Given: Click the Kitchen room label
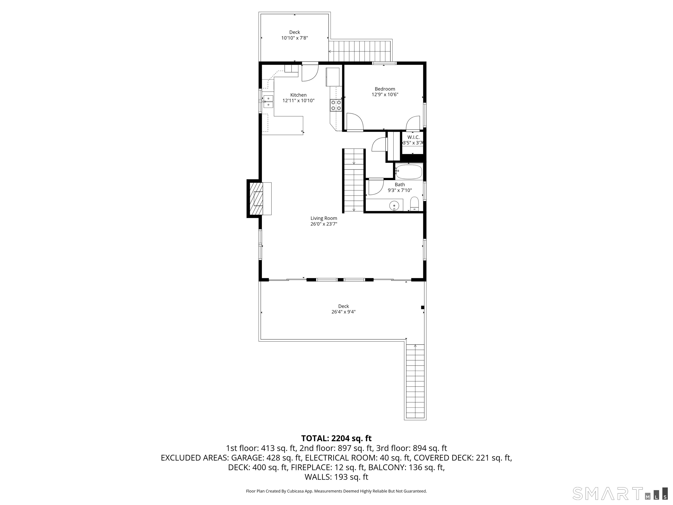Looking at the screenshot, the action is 298,95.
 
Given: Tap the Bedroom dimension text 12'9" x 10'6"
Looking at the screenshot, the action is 385,94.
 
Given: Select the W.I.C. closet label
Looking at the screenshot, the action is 413,137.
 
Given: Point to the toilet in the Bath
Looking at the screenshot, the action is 414,204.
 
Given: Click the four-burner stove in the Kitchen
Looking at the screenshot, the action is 336,105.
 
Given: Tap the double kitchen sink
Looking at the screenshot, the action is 55,101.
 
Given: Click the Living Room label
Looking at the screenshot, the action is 324,218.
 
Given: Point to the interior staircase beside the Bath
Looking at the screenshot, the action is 354,180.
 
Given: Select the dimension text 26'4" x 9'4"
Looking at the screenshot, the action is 344,312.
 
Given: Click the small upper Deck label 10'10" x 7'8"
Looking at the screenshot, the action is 294,35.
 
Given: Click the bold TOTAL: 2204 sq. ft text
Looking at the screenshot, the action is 336,438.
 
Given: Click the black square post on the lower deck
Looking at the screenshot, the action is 422,308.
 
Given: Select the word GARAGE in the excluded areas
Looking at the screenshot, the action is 248,458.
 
